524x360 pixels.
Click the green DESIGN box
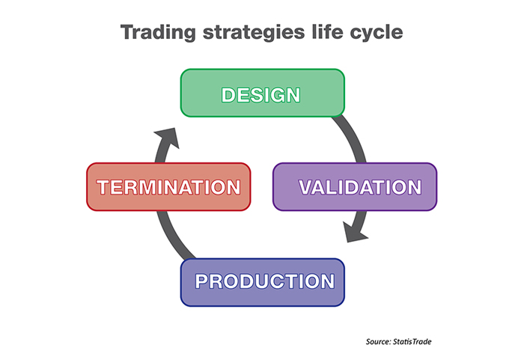pos(262,93)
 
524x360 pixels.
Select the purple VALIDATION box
pos(355,187)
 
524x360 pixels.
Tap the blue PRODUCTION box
pos(262,282)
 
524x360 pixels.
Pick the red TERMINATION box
pos(168,187)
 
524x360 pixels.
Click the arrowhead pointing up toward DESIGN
pos(168,138)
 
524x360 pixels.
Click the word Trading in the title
pos(158,33)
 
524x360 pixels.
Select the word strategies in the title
pos(254,33)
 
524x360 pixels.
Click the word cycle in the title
pos(377,33)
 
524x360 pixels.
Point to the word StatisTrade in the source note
pos(412,341)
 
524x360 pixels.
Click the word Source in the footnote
pos(378,341)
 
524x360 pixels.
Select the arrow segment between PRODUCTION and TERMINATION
pos(173,236)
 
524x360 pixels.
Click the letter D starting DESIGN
pos(228,95)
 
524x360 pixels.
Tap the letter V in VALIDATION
pos(306,187)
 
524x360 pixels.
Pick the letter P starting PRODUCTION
pos(202,281)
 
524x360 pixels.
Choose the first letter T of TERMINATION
pos(103,187)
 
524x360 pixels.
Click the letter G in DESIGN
pos(275,95)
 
